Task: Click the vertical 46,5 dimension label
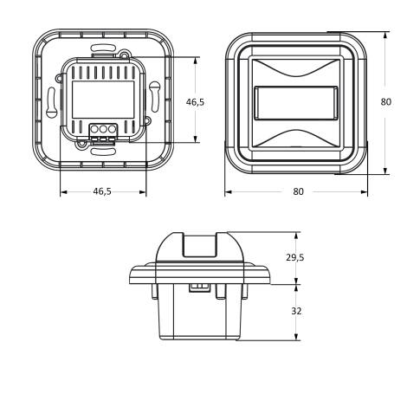pos(196,102)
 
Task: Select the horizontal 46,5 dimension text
pos(102,191)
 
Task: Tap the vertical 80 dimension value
pos(386,101)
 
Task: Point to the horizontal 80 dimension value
pos(298,191)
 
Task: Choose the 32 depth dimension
pos(297,311)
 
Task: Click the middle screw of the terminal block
pos(101,129)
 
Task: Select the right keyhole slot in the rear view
pos(152,91)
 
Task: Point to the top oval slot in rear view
pos(102,42)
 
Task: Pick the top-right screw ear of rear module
pos(126,56)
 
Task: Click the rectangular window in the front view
pos(295,101)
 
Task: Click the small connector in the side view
pos(201,286)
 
